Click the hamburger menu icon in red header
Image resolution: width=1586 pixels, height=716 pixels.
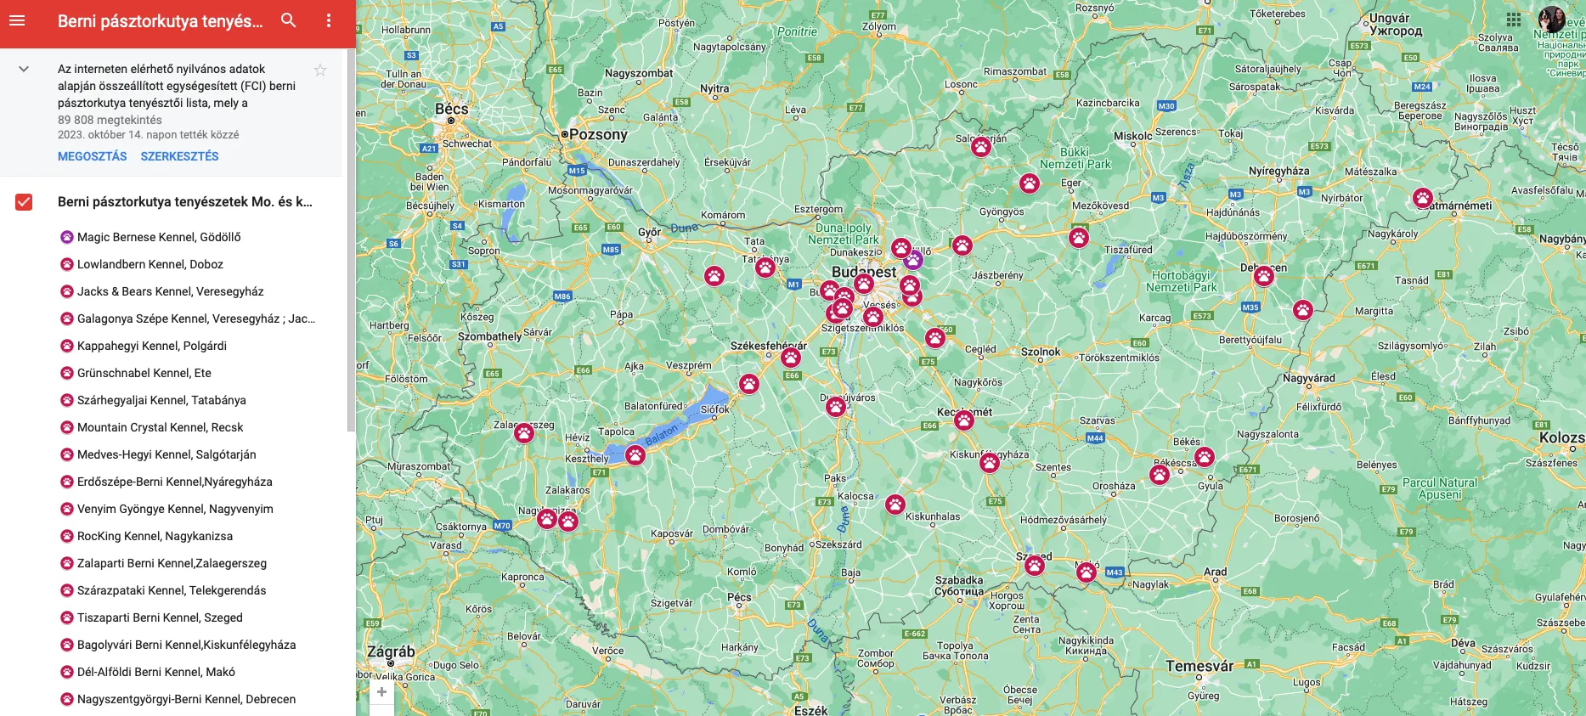point(17,20)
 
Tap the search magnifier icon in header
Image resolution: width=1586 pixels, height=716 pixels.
point(289,20)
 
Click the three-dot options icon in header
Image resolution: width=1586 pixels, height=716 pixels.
point(329,20)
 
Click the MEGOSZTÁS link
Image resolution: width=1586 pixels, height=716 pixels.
point(92,156)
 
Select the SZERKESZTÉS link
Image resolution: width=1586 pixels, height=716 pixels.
point(179,156)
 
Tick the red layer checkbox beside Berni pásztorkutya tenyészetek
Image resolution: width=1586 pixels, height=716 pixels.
point(24,202)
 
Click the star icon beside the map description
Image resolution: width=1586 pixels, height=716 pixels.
point(320,70)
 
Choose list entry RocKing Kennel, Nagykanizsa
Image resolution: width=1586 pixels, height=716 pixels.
point(155,536)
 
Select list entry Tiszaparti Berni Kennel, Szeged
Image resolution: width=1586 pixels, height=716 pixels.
point(160,617)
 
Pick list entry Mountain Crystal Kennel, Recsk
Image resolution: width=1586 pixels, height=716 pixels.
point(160,427)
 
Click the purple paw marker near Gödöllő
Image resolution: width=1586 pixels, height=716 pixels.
point(913,260)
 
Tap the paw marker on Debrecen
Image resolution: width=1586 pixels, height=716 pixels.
point(1264,276)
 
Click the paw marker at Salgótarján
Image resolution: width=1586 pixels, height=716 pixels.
point(981,147)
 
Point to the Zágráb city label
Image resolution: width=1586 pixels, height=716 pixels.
point(391,652)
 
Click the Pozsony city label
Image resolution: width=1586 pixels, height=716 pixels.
point(598,134)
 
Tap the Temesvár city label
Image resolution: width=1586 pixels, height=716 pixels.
point(1199,666)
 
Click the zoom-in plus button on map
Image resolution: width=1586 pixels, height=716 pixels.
point(382,692)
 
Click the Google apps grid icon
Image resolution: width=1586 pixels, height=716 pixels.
point(1514,20)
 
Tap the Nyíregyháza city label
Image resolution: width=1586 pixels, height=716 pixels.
point(1278,171)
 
